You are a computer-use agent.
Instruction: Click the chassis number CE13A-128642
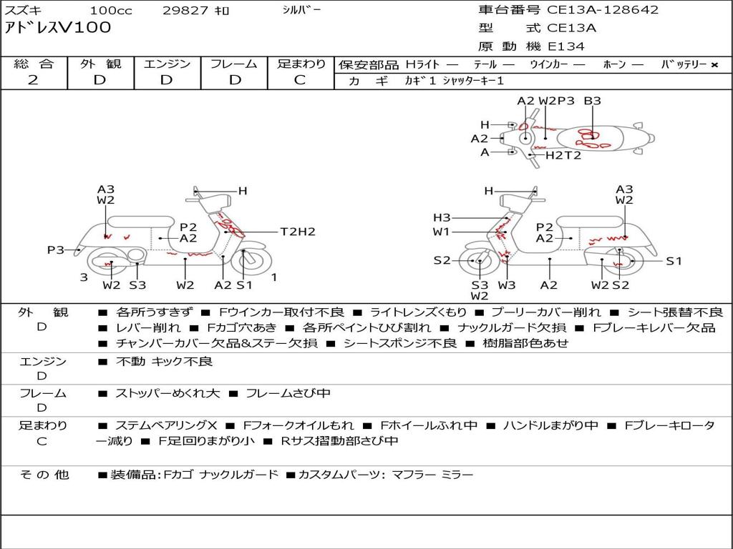(603, 10)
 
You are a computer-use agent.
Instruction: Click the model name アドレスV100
(57, 28)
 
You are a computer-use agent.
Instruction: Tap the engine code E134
(565, 46)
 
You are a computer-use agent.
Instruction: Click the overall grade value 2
(33, 80)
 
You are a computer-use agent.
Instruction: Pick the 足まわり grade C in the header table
(300, 80)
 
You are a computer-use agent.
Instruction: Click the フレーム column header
(234, 64)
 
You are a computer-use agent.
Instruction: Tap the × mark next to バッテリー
(714, 65)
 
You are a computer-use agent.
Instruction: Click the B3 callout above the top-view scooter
(592, 101)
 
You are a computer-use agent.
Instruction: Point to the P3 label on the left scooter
(56, 249)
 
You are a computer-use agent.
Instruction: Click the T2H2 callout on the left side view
(298, 232)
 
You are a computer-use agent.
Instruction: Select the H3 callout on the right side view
(442, 217)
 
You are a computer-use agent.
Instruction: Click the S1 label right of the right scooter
(674, 261)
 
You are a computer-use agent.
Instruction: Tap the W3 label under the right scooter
(506, 285)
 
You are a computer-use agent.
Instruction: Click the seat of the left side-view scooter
(141, 222)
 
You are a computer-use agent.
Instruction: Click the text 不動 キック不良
(164, 361)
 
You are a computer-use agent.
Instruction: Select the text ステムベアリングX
(166, 425)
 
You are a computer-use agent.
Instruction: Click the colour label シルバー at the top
(301, 10)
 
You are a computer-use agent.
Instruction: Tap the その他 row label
(44, 475)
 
